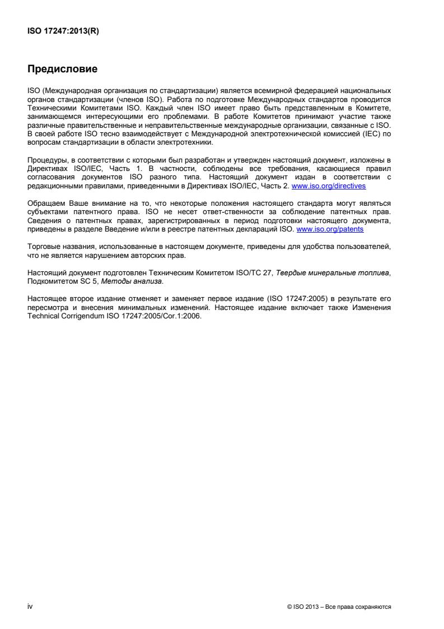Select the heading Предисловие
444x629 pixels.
pos(63,70)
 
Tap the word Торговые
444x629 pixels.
pos(42,245)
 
